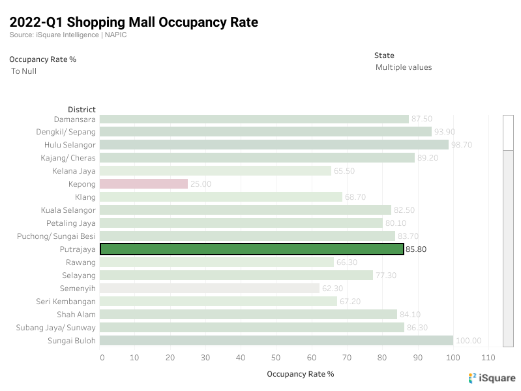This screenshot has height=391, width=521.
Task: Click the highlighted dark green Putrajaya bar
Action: click(x=252, y=249)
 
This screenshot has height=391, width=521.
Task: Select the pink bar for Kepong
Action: click(x=143, y=184)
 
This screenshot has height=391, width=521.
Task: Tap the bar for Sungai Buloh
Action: click(x=276, y=341)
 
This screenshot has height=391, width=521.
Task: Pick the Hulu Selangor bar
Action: click(x=274, y=145)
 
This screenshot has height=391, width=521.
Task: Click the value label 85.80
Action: click(x=416, y=249)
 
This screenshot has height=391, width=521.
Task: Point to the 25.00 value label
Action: click(x=201, y=184)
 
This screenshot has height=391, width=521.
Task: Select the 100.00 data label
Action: click(x=468, y=341)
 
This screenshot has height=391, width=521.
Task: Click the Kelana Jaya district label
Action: click(x=74, y=171)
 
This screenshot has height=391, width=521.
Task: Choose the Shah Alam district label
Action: click(x=75, y=315)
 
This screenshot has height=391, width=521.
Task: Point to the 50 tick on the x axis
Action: click(x=276, y=358)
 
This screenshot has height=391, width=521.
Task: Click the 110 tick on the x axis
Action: click(x=487, y=358)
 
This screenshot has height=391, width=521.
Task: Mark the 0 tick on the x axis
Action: click(x=102, y=358)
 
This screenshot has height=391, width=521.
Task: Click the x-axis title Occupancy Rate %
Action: click(x=301, y=374)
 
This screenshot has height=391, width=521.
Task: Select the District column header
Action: click(x=82, y=110)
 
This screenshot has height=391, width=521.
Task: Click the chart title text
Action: click(x=134, y=23)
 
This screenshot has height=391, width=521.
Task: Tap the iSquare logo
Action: click(x=492, y=378)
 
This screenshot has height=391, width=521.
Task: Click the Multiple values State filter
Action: click(x=404, y=67)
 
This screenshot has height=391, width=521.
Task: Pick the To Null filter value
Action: click(x=24, y=71)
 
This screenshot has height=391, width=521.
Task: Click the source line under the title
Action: click(x=68, y=35)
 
